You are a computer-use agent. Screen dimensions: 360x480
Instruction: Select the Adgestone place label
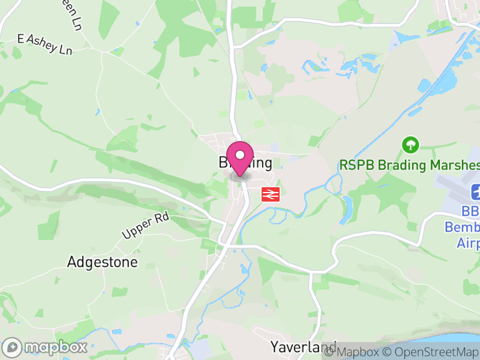102,262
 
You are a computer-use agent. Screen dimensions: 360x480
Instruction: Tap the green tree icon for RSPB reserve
411,145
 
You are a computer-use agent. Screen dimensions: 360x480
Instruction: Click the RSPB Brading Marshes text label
409,164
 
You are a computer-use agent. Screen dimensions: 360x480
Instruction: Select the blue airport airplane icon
476,193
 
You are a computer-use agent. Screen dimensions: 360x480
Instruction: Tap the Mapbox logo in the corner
46,347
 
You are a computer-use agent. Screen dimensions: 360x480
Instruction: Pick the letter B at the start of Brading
223,163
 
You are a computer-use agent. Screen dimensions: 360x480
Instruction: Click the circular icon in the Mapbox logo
13,347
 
